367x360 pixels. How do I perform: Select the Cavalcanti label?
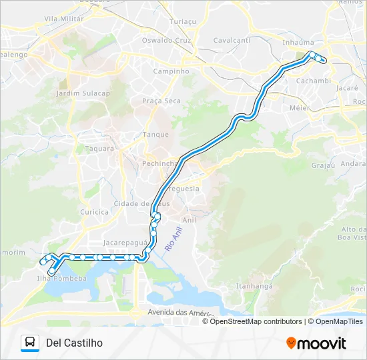coord(232,40)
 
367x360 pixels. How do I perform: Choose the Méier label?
coord(299,107)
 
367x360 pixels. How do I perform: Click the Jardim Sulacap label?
coord(83,93)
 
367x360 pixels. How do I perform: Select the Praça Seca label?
coord(161,101)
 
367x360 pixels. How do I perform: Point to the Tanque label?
coord(155,134)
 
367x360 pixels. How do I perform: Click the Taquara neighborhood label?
coord(101,149)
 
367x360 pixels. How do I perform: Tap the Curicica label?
coord(94,212)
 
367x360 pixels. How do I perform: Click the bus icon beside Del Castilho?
coord(30,343)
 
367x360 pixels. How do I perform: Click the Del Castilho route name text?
coord(74,343)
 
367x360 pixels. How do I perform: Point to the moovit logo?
coord(316,343)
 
